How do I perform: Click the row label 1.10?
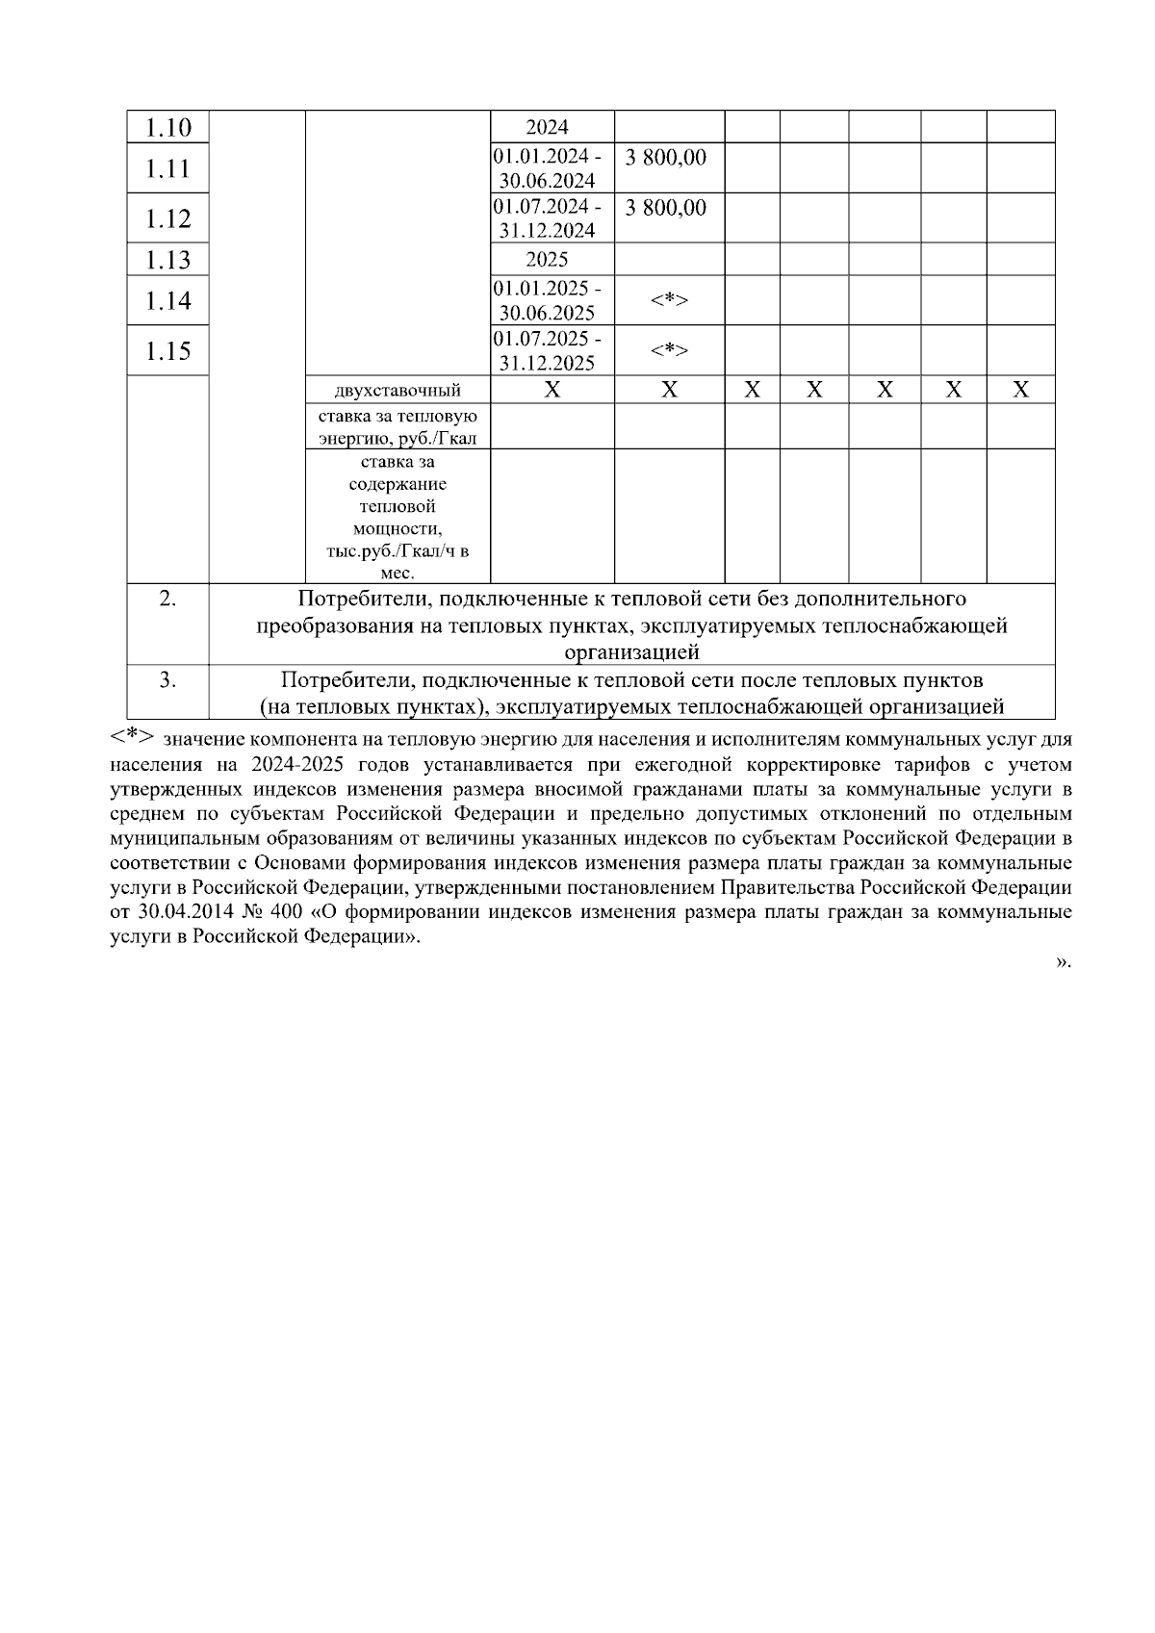point(167,127)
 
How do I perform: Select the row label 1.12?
point(167,218)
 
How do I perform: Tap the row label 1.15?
point(167,351)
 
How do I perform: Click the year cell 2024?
point(547,127)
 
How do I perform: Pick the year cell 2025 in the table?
point(547,260)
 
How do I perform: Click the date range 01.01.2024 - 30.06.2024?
point(547,168)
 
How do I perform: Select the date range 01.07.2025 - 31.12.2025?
point(547,351)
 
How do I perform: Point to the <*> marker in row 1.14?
point(669,301)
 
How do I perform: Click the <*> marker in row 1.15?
point(669,350)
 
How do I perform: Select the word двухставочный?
point(398,391)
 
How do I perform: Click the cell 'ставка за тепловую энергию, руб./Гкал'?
point(398,427)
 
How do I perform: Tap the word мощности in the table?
point(398,529)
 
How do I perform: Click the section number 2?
point(167,599)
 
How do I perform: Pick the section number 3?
point(167,680)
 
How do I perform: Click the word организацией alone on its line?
point(631,653)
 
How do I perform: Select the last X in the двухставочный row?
point(1021,390)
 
